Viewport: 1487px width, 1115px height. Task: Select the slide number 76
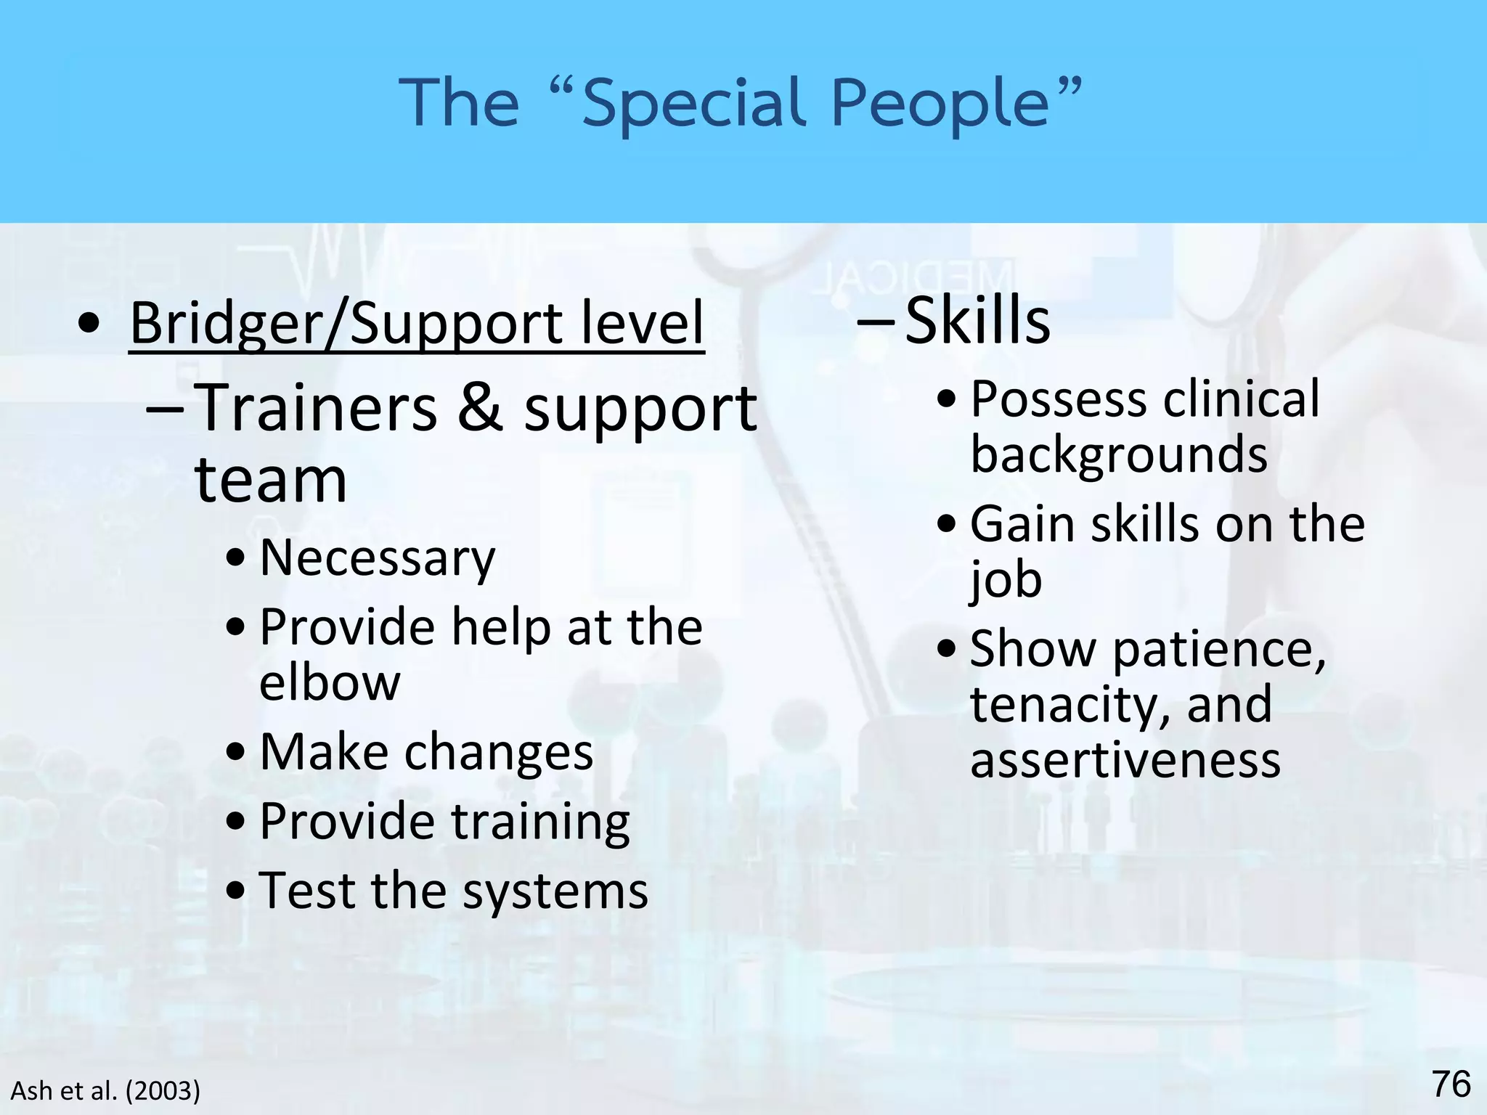(x=1451, y=1085)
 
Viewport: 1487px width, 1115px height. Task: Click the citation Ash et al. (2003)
(x=105, y=1090)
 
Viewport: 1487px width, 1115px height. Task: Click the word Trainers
(x=317, y=408)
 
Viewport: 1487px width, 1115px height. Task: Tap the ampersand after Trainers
(x=480, y=408)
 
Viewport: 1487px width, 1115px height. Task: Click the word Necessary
(x=378, y=557)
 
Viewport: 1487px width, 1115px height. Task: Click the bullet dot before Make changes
(x=235, y=753)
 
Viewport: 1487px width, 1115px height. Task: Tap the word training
(x=540, y=821)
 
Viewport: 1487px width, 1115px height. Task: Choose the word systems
(x=555, y=891)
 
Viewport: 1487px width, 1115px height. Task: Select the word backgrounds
(x=1119, y=454)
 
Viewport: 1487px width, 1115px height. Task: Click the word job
(x=1006, y=579)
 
